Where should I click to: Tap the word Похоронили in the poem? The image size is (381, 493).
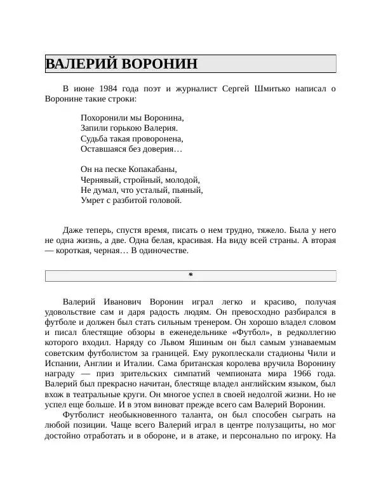pos(104,117)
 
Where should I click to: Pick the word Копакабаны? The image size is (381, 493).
pos(153,169)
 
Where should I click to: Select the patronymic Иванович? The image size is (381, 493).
pos(124,301)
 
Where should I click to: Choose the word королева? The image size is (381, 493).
pos(236,364)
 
